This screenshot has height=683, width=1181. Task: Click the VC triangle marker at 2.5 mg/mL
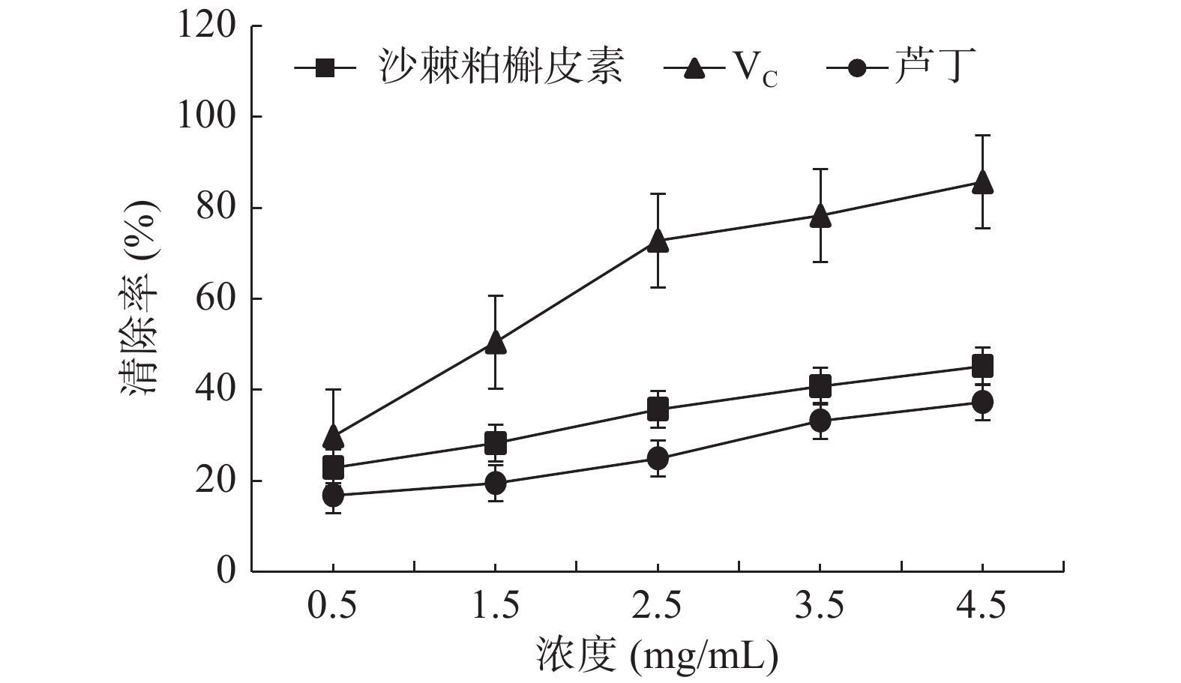658,240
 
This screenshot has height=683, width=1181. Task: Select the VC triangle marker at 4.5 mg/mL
982,181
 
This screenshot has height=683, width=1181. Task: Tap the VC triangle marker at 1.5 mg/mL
495,343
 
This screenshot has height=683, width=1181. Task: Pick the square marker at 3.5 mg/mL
820,386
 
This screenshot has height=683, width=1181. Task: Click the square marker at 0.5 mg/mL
333,468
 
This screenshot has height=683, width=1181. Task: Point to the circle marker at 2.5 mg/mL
658,457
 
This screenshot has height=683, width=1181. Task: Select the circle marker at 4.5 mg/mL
982,402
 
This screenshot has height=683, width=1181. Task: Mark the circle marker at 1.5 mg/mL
495,483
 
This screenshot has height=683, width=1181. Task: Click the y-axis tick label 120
206,26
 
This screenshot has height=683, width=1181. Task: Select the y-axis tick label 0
226,571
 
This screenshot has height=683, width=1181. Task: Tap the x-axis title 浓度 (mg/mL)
658,657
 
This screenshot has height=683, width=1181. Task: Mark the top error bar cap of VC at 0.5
333,389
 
